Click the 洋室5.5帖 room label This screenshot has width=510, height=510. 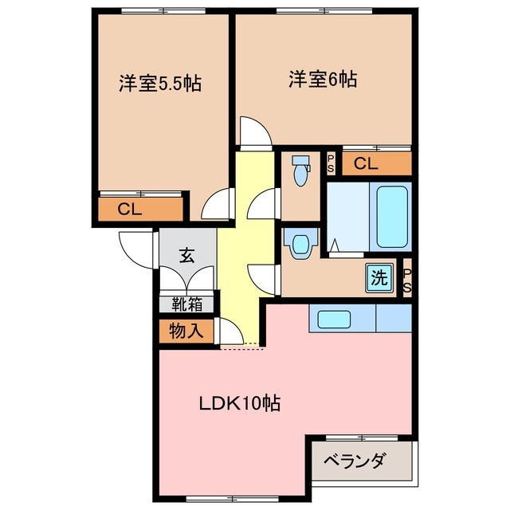click(x=159, y=84)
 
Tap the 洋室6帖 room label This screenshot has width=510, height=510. click(x=323, y=80)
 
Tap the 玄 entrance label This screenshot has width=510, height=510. click(x=186, y=256)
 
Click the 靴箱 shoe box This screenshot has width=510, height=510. click(x=186, y=304)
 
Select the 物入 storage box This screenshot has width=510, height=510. click(x=185, y=330)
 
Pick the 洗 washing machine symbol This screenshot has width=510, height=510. click(x=379, y=278)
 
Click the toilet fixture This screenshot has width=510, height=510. click(x=300, y=171)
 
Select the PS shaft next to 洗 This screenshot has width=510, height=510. click(x=406, y=280)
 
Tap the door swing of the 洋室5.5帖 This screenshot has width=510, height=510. click(x=218, y=206)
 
